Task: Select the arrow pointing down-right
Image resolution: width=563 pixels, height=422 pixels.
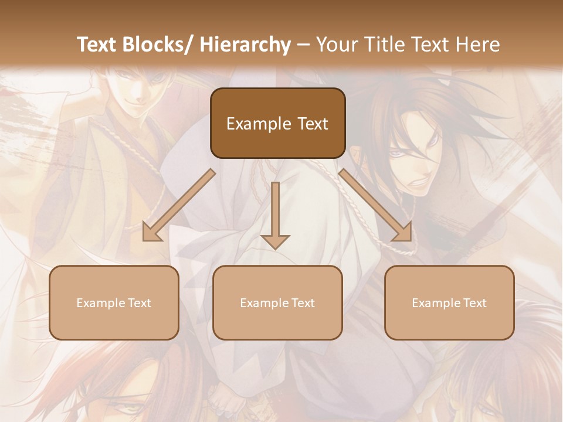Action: coord(375,205)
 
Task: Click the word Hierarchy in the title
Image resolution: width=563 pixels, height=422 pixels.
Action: coord(245,45)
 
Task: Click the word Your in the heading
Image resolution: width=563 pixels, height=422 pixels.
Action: coord(336,45)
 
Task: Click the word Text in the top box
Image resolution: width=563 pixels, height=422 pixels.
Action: coord(311,124)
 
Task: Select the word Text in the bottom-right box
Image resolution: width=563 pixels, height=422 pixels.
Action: coord(475,303)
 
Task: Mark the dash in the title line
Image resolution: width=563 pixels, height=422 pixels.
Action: coord(303,45)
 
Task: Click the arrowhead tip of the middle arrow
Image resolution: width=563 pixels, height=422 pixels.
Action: coord(275,249)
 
